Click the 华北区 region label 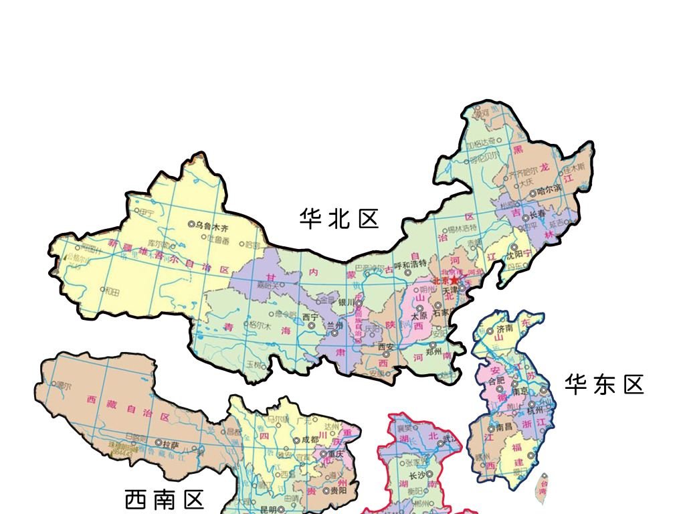339,219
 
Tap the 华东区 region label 603,385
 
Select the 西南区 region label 164,499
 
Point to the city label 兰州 334,325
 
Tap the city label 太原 419,316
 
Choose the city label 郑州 434,351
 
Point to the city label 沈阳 518,255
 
